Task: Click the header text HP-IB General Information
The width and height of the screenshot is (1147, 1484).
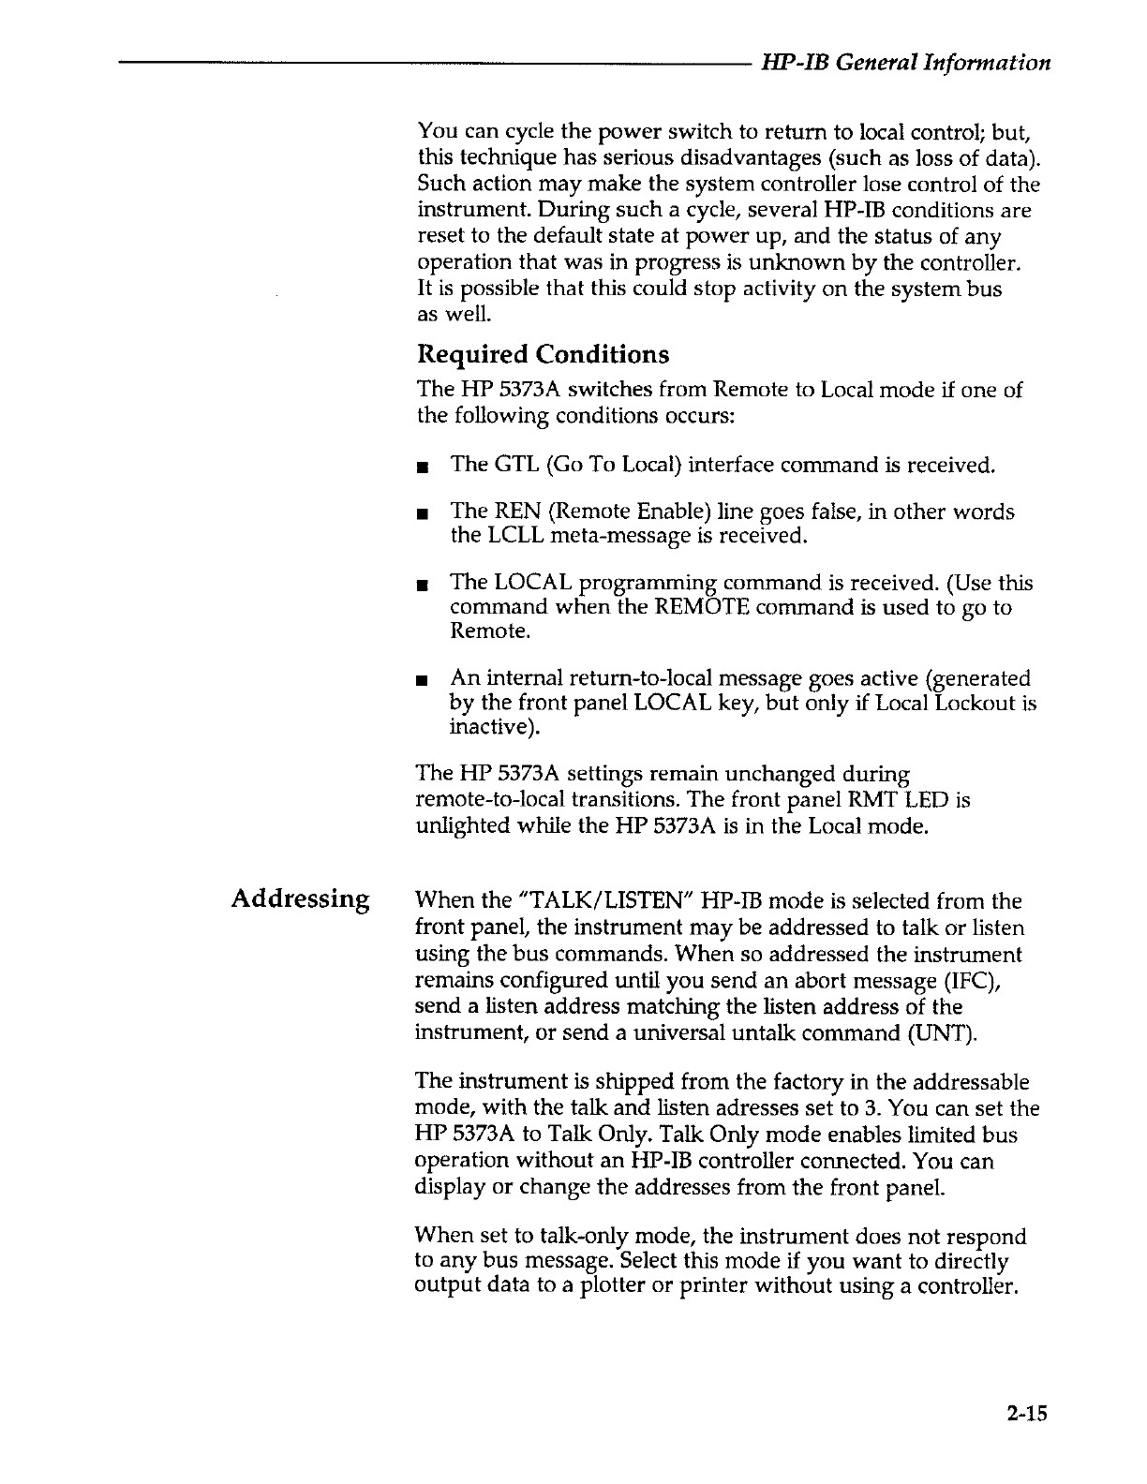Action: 905,63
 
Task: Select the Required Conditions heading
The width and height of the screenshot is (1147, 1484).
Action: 544,355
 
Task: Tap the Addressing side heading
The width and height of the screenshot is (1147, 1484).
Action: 301,899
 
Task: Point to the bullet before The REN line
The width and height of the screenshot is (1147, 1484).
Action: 425,513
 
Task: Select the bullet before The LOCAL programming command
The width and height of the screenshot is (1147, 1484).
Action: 425,586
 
